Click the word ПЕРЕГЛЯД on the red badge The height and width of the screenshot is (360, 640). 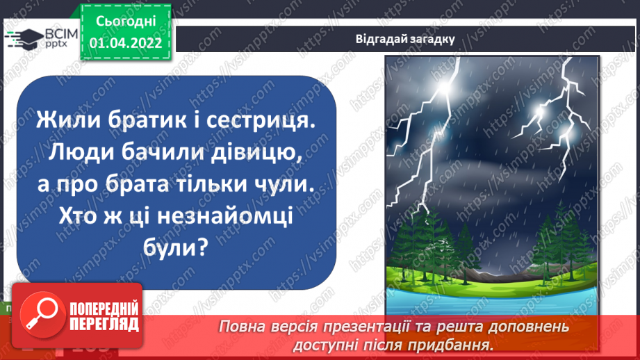tap(104, 324)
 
